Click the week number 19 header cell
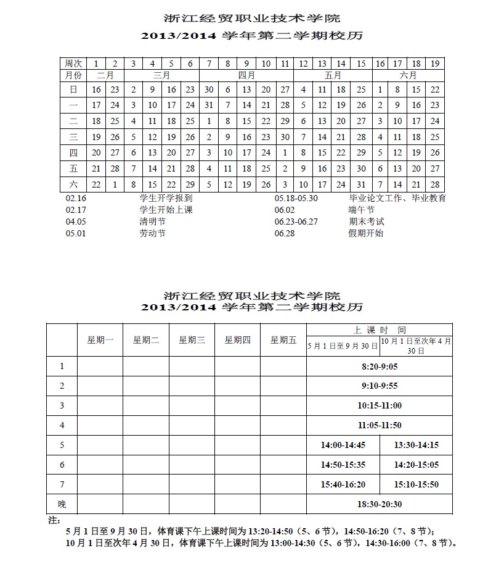pyautogui.click(x=435, y=64)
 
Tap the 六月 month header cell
pyautogui.click(x=408, y=75)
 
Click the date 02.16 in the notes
pyautogui.click(x=76, y=199)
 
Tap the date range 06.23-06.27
pyautogui.click(x=296, y=222)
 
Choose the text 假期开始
pyautogui.click(x=365, y=233)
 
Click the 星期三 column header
pyautogui.click(x=192, y=339)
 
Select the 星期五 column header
pyautogui.click(x=283, y=339)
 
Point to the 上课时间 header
pyautogui.click(x=380, y=330)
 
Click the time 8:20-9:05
pyautogui.click(x=380, y=367)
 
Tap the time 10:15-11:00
pyautogui.click(x=380, y=405)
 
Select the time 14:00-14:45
pyautogui.click(x=343, y=445)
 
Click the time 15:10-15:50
pyautogui.click(x=417, y=484)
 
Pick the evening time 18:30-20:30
pyautogui.click(x=380, y=504)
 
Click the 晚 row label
pyautogui.click(x=62, y=504)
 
